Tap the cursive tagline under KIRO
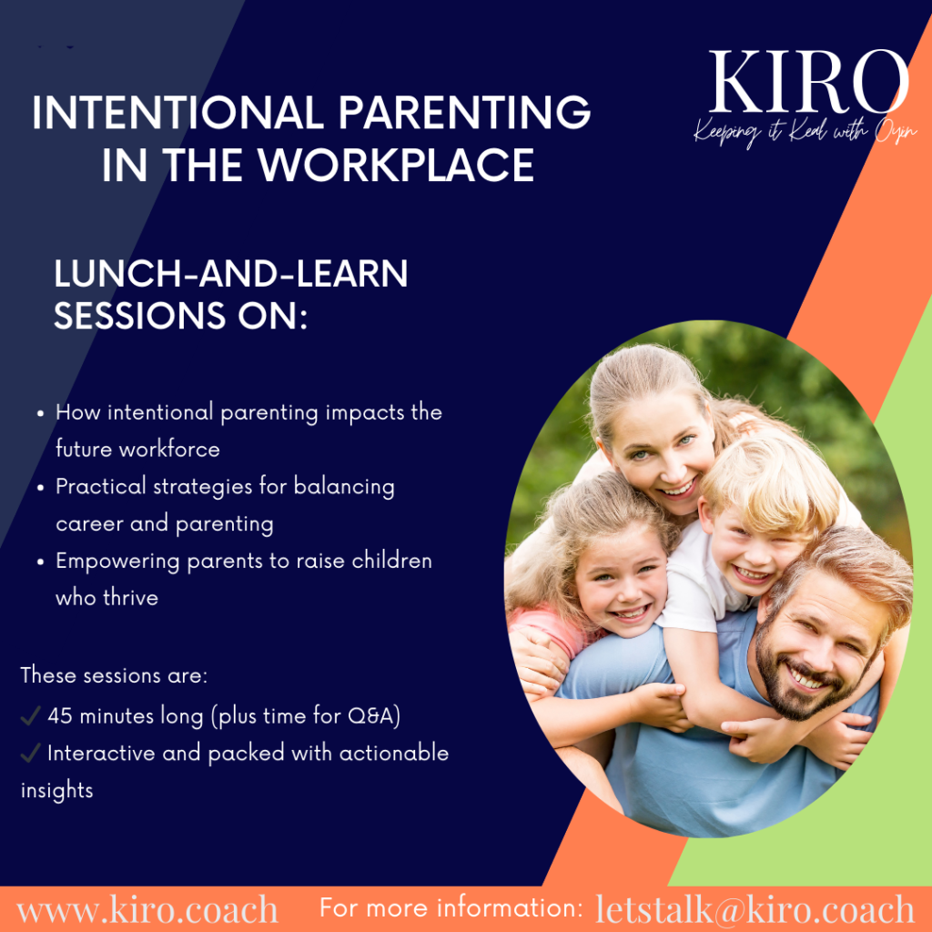805,133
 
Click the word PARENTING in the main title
464,112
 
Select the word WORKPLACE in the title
396,165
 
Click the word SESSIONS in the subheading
139,315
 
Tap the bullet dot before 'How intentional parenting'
40,414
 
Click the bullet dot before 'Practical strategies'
40,488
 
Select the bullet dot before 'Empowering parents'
40,562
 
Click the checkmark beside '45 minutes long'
30,715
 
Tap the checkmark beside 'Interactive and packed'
30,753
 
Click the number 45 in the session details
60,716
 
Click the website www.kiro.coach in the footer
147,910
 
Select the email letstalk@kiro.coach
755,909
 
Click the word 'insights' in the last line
57,791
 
